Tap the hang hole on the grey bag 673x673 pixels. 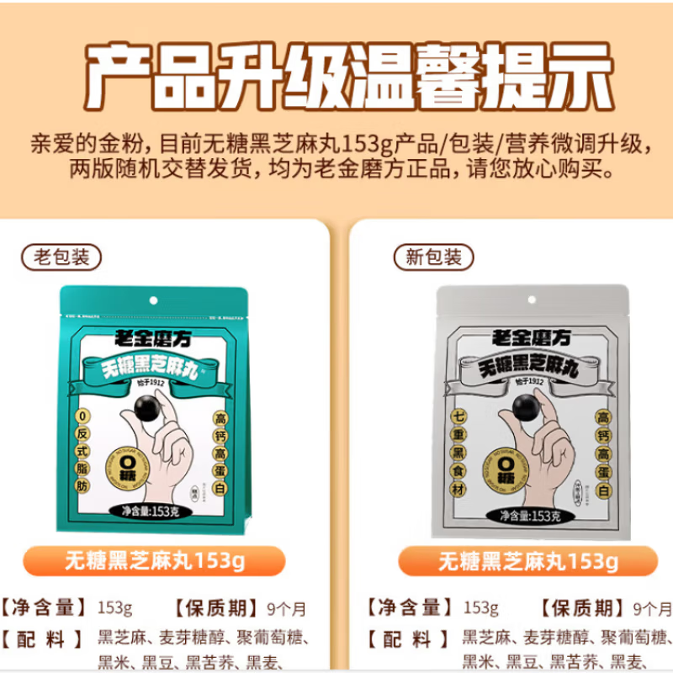click(x=532, y=299)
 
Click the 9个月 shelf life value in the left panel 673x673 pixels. click(x=289, y=608)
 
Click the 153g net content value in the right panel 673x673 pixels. click(x=481, y=608)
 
